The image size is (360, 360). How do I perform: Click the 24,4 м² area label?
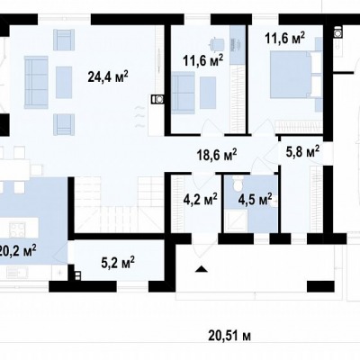[x=108, y=76]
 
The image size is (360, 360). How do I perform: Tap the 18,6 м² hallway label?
[x=217, y=155]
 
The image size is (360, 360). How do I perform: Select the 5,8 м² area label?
[x=302, y=151]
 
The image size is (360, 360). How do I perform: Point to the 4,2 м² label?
[x=201, y=198]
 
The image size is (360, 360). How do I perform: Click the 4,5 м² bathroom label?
[x=255, y=199]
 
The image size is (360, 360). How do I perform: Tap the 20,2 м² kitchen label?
[x=18, y=250]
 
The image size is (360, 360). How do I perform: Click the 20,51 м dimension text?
[x=229, y=336]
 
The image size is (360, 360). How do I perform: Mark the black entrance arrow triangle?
[x=202, y=269]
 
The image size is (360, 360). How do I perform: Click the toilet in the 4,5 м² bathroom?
[x=238, y=184]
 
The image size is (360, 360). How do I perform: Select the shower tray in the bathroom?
[x=236, y=220]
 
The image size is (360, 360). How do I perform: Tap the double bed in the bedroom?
[x=295, y=75]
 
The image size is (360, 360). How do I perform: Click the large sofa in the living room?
[x=36, y=82]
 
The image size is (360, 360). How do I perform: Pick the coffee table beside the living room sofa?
[x=64, y=82]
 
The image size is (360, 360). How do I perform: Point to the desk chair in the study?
[x=217, y=44]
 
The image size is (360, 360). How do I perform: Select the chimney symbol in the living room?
[x=157, y=99]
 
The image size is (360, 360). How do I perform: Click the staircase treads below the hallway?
[x=120, y=204]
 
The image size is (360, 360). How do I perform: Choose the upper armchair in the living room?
[x=64, y=40]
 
